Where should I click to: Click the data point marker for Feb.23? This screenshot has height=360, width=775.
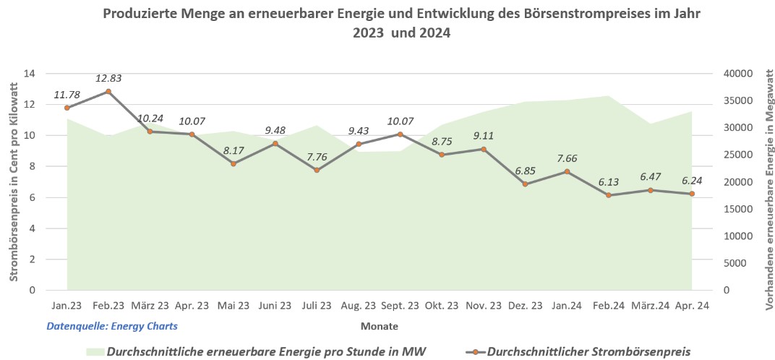[108, 92]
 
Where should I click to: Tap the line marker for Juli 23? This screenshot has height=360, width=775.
[317, 170]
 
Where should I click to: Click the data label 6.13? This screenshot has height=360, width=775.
[609, 181]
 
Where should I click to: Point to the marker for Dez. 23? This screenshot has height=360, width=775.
[526, 184]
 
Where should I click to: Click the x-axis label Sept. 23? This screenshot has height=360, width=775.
[400, 306]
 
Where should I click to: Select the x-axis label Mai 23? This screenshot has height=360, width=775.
[234, 306]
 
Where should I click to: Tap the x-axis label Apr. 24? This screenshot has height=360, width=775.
[692, 306]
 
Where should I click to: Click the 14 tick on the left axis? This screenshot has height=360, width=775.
[30, 74]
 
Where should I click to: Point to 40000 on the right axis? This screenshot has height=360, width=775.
[737, 74]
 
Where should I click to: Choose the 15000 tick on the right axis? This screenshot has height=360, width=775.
[737, 209]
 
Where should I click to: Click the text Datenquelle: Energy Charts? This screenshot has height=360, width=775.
[112, 326]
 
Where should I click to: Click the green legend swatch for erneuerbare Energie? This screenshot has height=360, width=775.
[94, 352]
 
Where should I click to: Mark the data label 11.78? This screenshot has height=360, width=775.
[67, 95]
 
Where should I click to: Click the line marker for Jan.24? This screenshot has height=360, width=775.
[567, 171]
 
